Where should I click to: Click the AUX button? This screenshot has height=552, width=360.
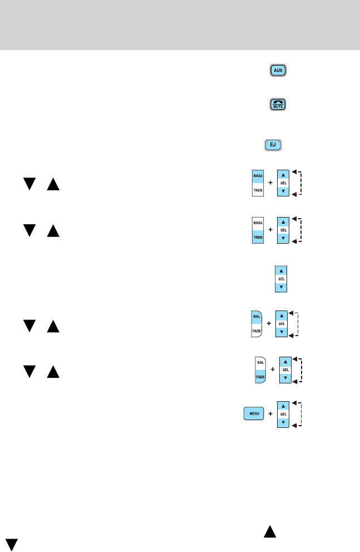(x=279, y=71)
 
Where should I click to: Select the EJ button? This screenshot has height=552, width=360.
(x=273, y=146)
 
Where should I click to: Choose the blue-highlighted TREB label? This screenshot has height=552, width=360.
(x=258, y=236)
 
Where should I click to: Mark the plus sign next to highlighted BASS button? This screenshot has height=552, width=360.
(x=270, y=183)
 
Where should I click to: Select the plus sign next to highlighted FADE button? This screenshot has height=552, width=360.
(x=272, y=369)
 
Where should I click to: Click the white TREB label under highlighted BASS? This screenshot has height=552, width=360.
(x=258, y=189)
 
